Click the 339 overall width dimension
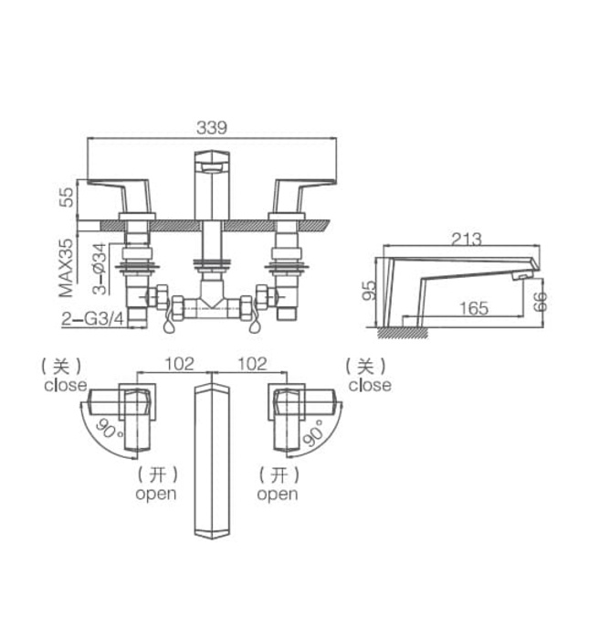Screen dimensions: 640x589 [212, 127]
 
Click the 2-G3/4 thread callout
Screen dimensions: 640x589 [92, 319]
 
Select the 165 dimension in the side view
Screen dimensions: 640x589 [472, 307]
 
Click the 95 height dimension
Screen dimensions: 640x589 [368, 291]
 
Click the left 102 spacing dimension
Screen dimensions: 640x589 [179, 363]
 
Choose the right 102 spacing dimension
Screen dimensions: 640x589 [252, 363]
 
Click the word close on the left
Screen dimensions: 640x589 [65, 385]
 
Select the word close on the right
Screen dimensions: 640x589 [369, 385]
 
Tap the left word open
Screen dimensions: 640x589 [156, 494]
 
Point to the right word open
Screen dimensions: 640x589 [277, 494]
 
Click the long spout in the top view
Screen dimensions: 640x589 [210, 462]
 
